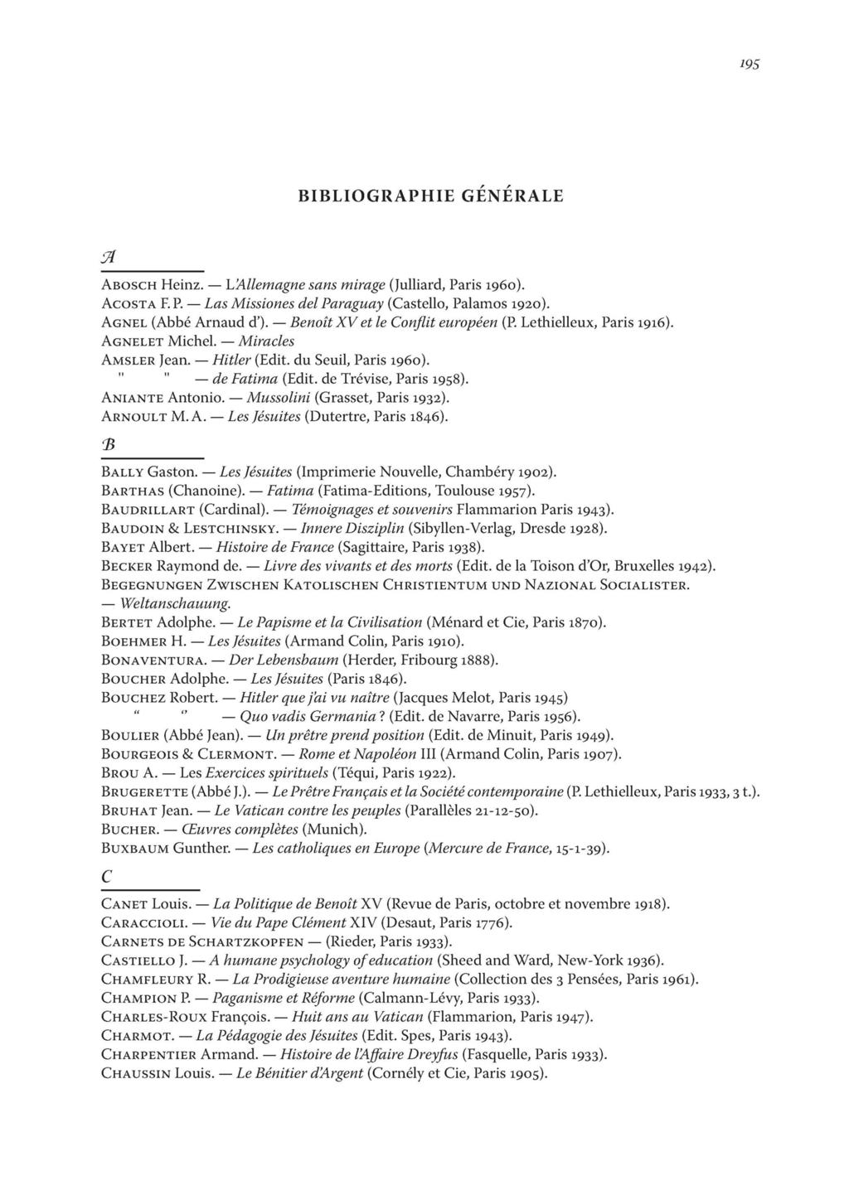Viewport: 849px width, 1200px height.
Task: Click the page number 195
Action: (x=750, y=64)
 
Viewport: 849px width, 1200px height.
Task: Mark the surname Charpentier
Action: (x=150, y=1055)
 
